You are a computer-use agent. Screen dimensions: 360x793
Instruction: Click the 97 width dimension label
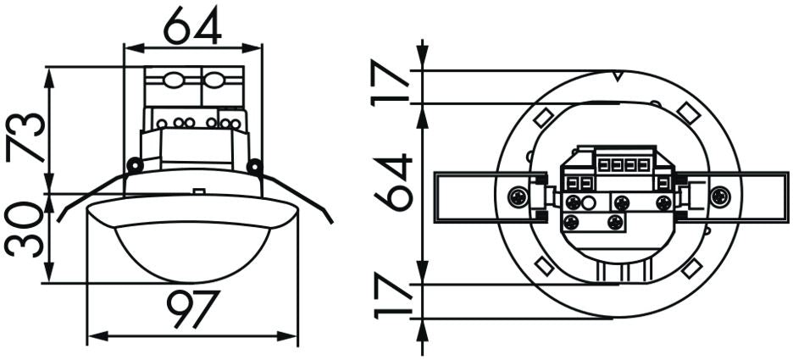click(194, 310)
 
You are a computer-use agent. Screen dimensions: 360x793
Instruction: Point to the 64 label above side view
click(192, 28)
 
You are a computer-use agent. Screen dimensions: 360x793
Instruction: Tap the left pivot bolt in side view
click(132, 164)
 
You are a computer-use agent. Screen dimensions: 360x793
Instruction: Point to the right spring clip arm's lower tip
click(330, 221)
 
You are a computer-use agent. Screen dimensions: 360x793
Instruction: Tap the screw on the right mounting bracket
click(719, 197)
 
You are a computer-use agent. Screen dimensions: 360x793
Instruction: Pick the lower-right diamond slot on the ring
click(692, 267)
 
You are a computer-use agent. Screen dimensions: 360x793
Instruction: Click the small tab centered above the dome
click(198, 192)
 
